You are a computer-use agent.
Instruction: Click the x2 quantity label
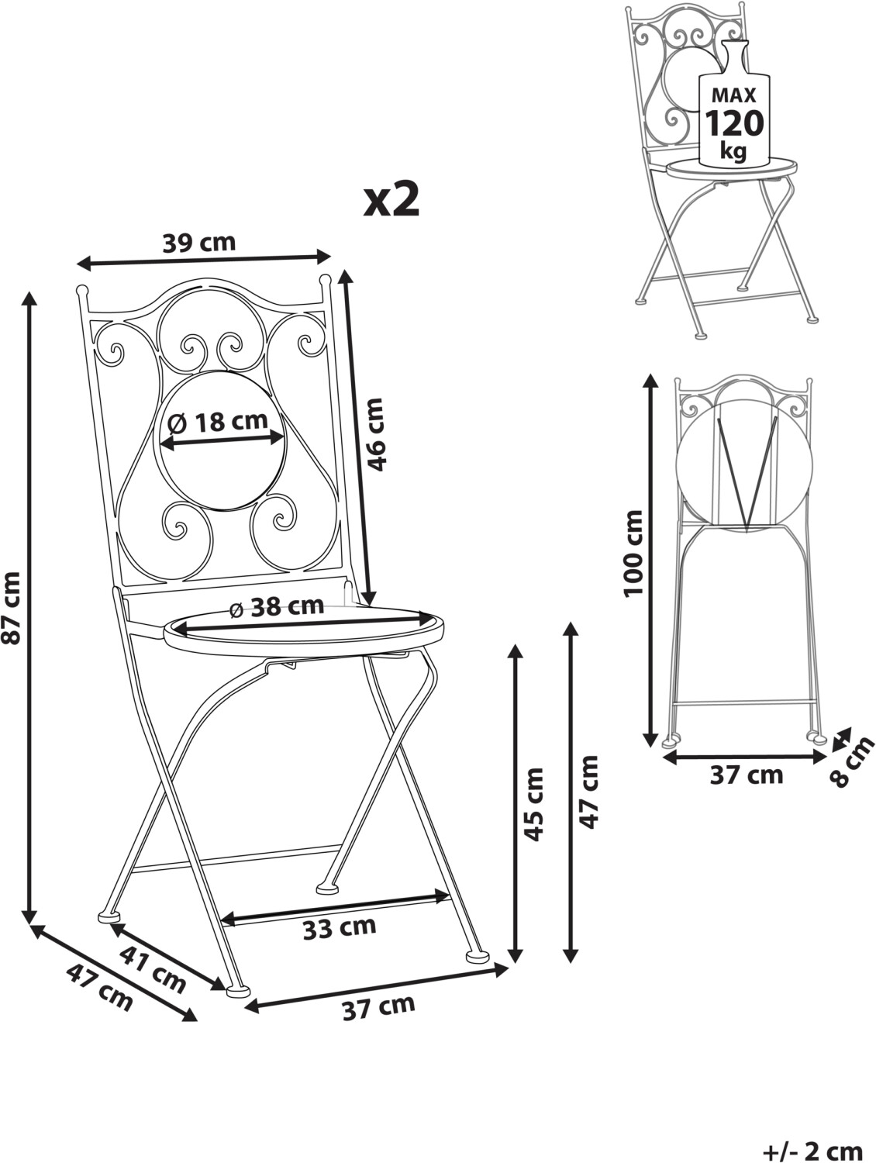[x=392, y=200]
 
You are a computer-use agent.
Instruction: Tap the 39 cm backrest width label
[x=199, y=243]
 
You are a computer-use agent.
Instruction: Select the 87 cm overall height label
[x=12, y=607]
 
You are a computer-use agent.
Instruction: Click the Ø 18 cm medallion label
[x=218, y=423]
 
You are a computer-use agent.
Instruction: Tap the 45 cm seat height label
[x=534, y=806]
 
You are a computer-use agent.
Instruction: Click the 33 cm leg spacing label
[x=340, y=927]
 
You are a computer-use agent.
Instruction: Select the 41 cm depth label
[x=153, y=967]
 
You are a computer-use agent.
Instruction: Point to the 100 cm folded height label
[x=635, y=553]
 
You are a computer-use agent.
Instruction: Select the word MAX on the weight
[x=733, y=95]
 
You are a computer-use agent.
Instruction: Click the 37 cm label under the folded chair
[x=747, y=774]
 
